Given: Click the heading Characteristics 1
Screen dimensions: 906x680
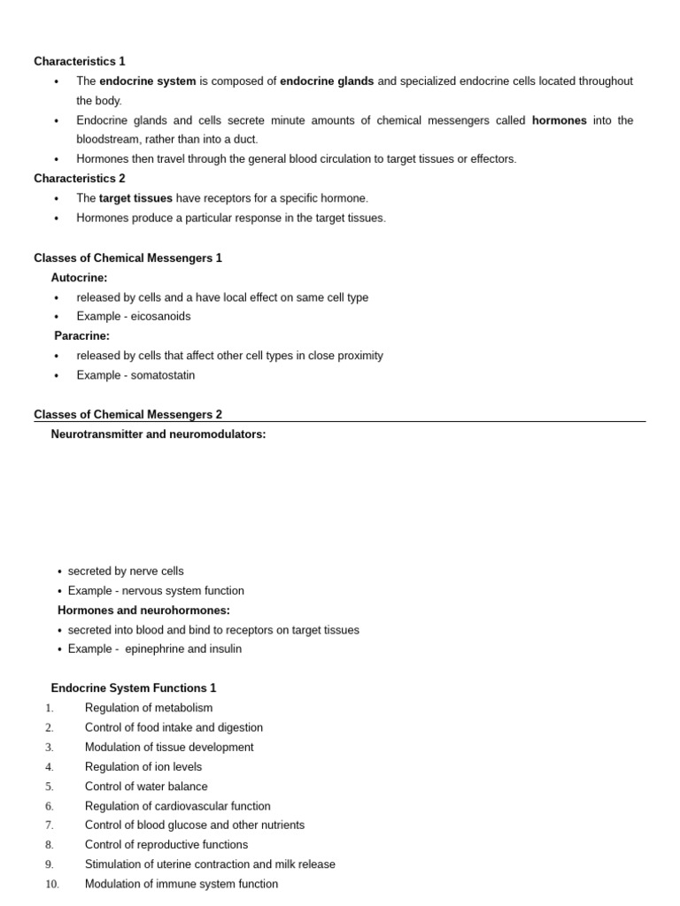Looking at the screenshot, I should (80, 61).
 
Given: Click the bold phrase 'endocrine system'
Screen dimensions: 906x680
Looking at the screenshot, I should (147, 81).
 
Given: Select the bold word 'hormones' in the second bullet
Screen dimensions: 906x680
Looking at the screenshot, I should (559, 120).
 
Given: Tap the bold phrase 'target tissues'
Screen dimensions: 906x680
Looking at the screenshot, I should (135, 198).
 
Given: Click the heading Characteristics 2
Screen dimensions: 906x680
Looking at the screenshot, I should (80, 179).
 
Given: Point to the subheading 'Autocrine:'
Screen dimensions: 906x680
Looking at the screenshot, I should (79, 278).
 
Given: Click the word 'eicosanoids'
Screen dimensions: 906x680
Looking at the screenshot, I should (160, 317).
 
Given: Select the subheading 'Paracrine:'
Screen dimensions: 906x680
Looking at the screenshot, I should (81, 336).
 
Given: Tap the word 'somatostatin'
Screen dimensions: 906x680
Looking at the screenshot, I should (163, 375).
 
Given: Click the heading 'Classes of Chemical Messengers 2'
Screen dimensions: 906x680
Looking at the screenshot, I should (127, 414).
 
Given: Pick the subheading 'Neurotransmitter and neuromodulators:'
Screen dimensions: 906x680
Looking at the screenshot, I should (158, 434).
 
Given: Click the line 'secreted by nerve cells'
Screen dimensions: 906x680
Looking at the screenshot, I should (126, 572).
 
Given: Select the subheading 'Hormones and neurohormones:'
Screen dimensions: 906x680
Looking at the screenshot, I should (143, 610).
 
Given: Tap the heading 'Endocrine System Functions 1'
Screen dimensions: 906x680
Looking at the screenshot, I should (134, 688).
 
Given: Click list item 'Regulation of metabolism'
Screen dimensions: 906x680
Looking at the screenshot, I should (149, 708).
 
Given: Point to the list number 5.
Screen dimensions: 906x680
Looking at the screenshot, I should (50, 787).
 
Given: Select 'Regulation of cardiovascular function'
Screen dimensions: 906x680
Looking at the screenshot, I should (177, 806).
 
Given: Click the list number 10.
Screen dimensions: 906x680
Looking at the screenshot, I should (51, 884).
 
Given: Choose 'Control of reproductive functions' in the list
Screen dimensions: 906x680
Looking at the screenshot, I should (166, 845).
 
